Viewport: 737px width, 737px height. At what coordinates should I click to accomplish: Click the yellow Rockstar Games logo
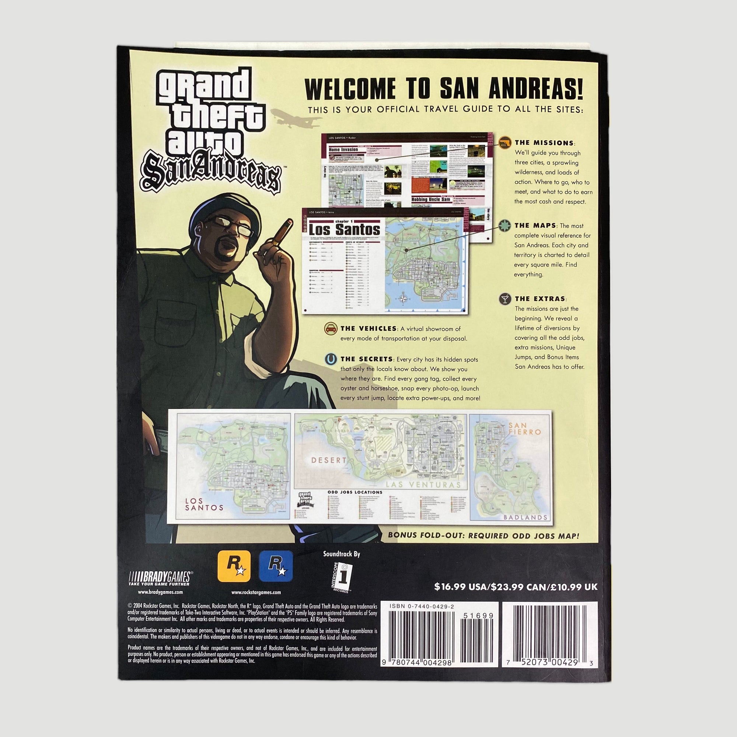[x=234, y=566]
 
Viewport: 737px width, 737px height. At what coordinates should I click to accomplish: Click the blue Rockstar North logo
[x=276, y=566]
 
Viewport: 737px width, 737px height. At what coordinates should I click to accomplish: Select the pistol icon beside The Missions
[x=505, y=142]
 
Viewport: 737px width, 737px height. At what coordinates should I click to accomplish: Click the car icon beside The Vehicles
[x=330, y=328]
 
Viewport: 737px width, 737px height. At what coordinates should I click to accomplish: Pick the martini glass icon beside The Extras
[x=506, y=299]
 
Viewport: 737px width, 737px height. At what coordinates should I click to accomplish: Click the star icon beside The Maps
[x=505, y=226]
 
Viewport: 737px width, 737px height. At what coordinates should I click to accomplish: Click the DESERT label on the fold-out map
[x=328, y=460]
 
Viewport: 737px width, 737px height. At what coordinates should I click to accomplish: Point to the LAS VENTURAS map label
[x=423, y=485]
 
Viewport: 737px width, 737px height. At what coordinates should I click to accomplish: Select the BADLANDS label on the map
[x=525, y=517]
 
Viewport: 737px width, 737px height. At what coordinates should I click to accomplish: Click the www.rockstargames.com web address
[x=256, y=593]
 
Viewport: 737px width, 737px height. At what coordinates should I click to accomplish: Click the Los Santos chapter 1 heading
[x=344, y=229]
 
